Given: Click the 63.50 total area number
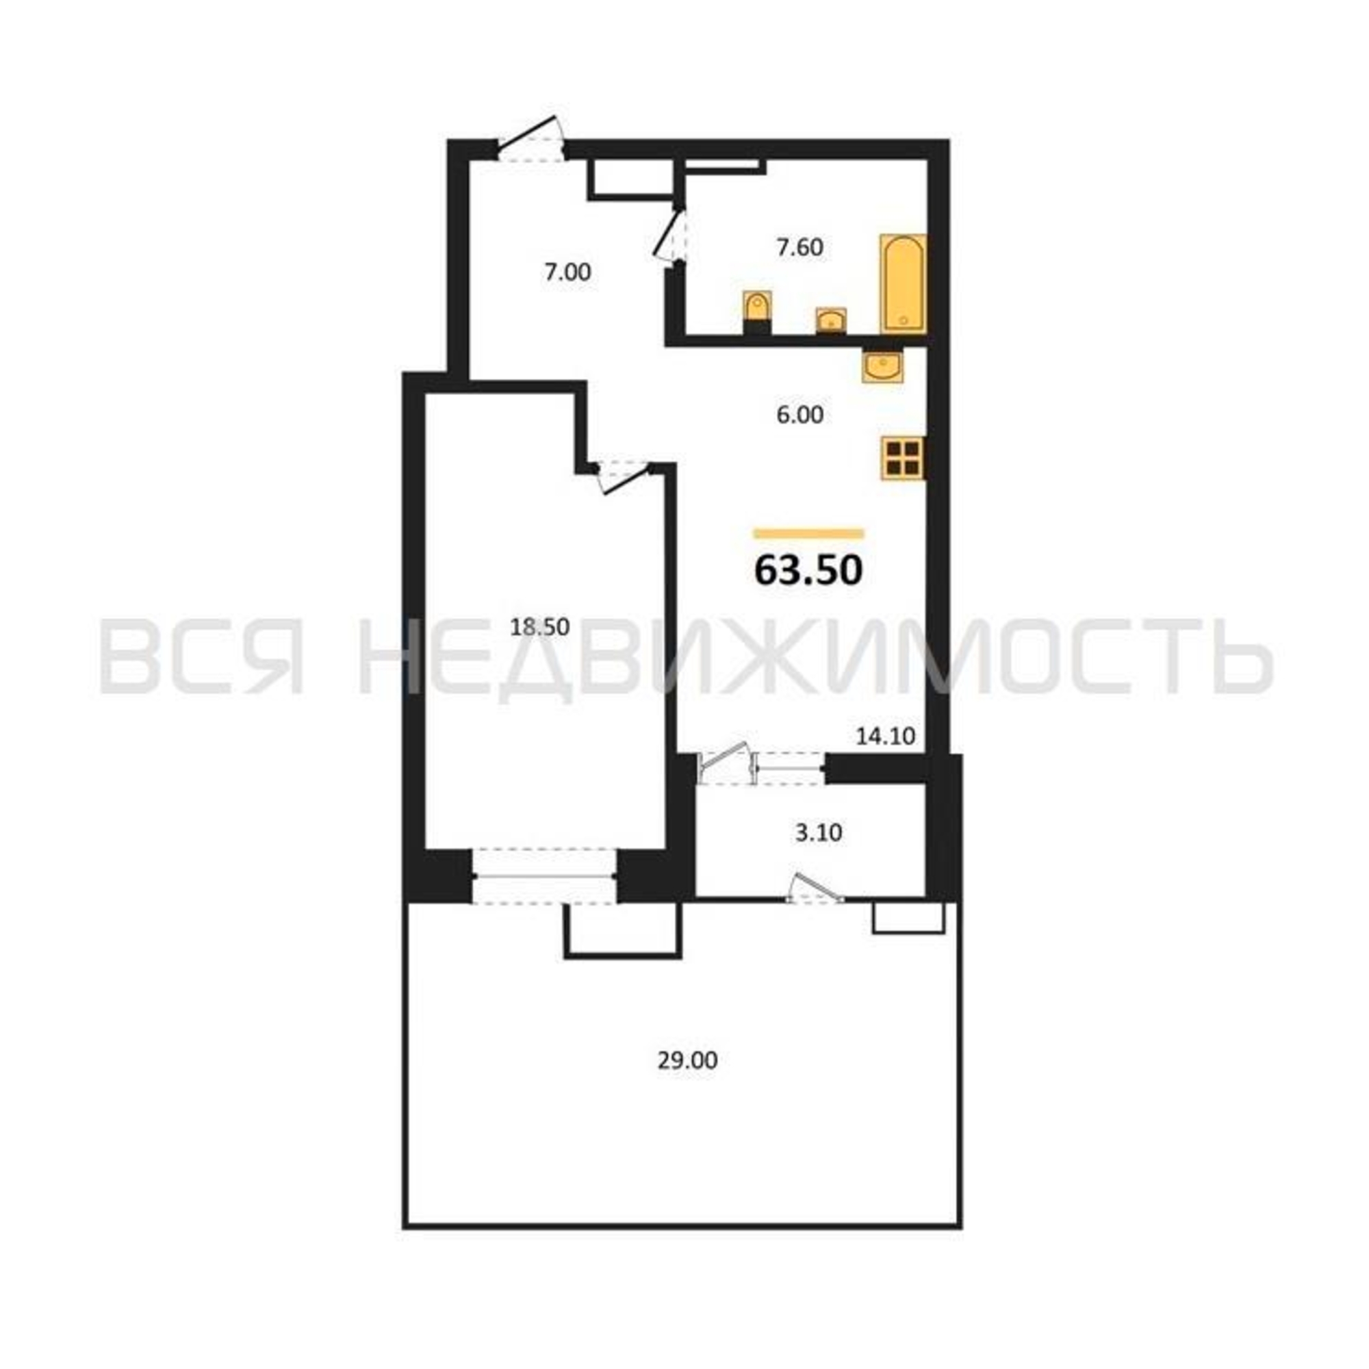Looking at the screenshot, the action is (808, 570).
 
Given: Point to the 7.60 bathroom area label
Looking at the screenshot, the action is (799, 247).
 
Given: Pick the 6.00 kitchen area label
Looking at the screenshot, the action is (800, 415).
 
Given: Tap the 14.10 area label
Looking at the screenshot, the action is (886, 737).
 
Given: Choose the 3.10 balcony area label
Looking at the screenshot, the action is (819, 832).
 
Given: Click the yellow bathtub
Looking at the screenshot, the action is (903, 283).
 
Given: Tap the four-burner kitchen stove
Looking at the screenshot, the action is (903, 458).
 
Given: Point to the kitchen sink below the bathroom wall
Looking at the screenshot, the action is (883, 365).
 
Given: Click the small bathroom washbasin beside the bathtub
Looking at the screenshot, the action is (830, 320).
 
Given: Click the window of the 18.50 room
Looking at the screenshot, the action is (544, 877).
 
